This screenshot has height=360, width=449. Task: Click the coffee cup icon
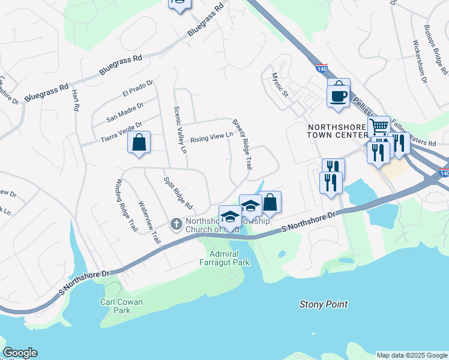[339, 95]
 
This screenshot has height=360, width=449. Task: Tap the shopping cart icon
[379, 127]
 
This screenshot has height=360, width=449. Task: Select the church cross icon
[176, 224]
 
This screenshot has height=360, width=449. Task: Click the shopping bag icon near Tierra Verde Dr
[139, 143]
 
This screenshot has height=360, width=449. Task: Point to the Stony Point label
[324, 304]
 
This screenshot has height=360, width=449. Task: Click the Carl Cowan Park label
[122, 306]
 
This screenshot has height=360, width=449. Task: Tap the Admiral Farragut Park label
[224, 258]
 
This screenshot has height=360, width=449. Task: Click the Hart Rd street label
[76, 100]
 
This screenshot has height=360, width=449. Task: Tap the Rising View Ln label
[211, 139]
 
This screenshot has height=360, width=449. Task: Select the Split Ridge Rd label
[178, 193]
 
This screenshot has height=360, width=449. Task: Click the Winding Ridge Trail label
[127, 206]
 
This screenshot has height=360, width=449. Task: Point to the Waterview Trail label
[149, 223]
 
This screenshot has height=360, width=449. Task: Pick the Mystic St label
[280, 85]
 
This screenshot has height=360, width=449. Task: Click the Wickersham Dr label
[420, 61]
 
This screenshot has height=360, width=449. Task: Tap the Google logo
[20, 353]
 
